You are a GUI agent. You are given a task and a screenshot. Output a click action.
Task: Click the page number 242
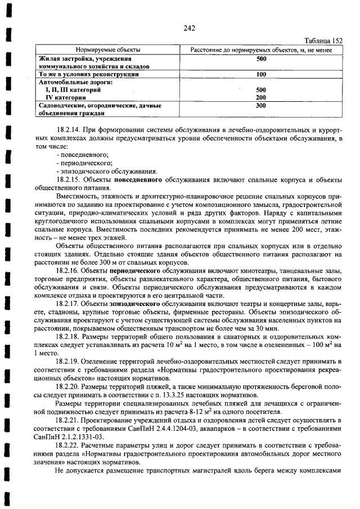[189, 29]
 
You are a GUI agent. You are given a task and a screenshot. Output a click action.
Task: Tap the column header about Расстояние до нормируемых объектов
[260, 50]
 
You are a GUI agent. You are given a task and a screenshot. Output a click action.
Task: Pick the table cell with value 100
[261, 74]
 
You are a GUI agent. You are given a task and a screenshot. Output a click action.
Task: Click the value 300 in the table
[261, 105]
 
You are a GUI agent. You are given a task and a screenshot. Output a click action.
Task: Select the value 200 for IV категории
[261, 97]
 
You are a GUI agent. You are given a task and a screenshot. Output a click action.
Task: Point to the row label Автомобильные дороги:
[76, 82]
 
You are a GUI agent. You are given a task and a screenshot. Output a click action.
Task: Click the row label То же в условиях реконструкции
[88, 74]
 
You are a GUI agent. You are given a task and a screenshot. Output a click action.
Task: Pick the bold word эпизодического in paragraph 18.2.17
[138, 304]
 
